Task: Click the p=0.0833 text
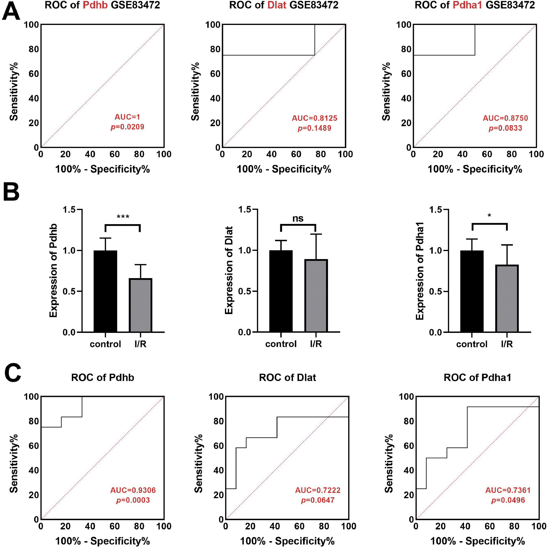pyautogui.click(x=505, y=128)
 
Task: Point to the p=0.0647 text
pyautogui.click(x=318, y=500)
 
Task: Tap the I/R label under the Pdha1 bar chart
pyautogui.click(x=507, y=344)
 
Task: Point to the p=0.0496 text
pyautogui.click(x=508, y=500)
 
